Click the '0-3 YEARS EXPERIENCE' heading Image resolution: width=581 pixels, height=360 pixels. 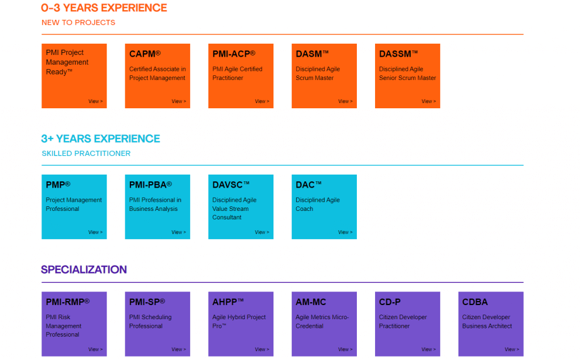104,8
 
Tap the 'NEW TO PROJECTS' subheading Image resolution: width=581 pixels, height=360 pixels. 78,23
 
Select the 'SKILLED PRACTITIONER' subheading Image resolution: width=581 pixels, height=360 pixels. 86,153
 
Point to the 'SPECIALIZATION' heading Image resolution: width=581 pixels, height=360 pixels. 84,270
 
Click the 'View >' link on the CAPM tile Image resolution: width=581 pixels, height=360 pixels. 179,101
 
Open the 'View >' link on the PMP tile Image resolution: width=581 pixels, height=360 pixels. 95,232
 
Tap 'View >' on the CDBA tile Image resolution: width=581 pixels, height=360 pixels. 512,349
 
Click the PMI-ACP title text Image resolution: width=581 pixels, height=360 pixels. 234,54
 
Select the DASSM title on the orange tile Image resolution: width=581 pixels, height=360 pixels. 398,54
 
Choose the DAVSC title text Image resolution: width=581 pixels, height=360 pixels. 231,185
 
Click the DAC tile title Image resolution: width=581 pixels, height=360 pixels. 308,185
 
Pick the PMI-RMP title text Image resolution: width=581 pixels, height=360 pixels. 68,302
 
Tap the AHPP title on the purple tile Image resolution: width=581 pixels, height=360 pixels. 228,302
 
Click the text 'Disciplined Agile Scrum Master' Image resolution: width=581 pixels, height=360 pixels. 318,73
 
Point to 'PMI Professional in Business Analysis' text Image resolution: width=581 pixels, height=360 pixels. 155,205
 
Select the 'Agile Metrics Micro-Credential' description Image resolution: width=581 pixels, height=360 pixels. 322,321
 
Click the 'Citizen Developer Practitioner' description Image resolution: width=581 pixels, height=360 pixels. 403,321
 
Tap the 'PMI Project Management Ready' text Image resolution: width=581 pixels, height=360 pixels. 67,62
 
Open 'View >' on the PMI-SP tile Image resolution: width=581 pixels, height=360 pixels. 179,349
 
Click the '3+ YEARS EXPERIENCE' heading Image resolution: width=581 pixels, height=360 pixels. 100,138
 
